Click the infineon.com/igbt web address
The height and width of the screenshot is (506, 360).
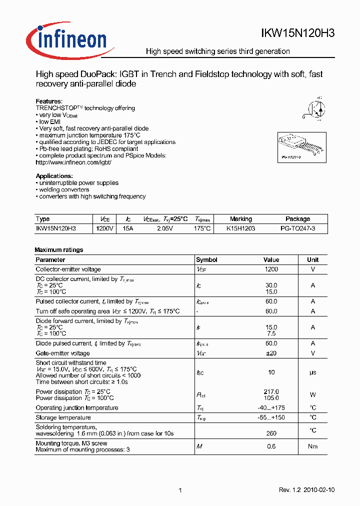coord(73,162)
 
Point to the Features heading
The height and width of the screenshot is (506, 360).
coord(49,101)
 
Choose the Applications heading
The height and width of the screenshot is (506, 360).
coord(54,176)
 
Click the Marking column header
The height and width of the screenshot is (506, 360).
coord(240,219)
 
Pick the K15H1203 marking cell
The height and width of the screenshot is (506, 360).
coord(240,228)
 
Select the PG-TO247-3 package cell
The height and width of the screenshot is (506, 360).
coord(297,228)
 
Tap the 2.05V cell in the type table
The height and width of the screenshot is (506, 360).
coord(164,228)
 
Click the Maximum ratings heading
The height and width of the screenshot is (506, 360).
coord(59,250)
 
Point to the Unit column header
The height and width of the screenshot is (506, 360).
coord(313,260)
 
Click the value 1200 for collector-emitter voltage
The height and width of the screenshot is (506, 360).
coord(271,269)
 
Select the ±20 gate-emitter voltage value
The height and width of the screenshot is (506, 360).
coord(271,353)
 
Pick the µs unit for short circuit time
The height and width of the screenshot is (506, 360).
coord(313,372)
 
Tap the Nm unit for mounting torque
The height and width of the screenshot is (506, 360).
coord(313,446)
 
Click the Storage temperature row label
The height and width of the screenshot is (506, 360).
coord(63,417)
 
